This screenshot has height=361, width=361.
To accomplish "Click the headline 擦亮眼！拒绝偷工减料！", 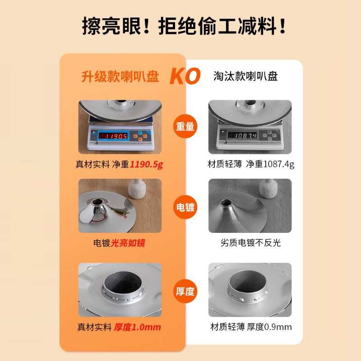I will click(x=184, y=26).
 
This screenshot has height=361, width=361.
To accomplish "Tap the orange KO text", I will click(x=185, y=77).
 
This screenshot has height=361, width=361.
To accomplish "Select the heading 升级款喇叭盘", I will click(x=120, y=77).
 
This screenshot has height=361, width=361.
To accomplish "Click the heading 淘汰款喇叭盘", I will click(x=245, y=76).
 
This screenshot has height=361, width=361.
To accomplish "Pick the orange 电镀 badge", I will click(x=185, y=207).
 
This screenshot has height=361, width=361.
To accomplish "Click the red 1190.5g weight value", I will click(x=146, y=164).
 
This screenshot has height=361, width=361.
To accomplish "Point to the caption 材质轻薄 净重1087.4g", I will click(x=251, y=164).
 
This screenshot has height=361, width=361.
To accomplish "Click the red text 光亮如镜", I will click(x=128, y=243).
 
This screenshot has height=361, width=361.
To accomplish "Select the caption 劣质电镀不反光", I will click(x=251, y=243).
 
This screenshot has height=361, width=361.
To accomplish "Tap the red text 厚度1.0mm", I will click(x=137, y=327).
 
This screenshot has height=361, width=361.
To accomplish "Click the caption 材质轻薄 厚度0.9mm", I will click(x=251, y=327).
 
